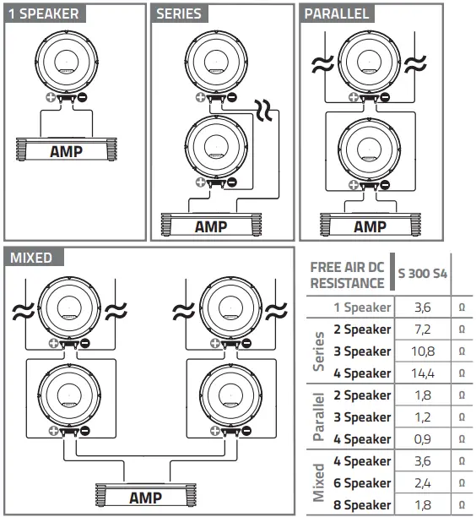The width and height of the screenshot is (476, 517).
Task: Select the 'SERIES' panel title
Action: click(x=179, y=14)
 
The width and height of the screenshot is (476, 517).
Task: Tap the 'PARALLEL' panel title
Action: click(x=336, y=14)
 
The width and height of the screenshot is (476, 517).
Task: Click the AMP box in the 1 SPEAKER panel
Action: click(x=66, y=152)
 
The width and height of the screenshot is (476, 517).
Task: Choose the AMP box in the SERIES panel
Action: click(x=211, y=226)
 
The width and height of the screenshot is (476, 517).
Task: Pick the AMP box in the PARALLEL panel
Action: click(x=370, y=226)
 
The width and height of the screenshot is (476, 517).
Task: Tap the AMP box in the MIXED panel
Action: click(x=145, y=498)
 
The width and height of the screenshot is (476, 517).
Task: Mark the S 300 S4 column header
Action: click(x=423, y=275)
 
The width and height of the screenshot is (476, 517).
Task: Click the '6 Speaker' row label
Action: click(x=362, y=483)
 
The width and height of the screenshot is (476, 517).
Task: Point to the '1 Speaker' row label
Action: click(x=362, y=307)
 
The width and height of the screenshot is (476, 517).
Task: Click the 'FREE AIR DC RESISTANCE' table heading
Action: click(x=347, y=275)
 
